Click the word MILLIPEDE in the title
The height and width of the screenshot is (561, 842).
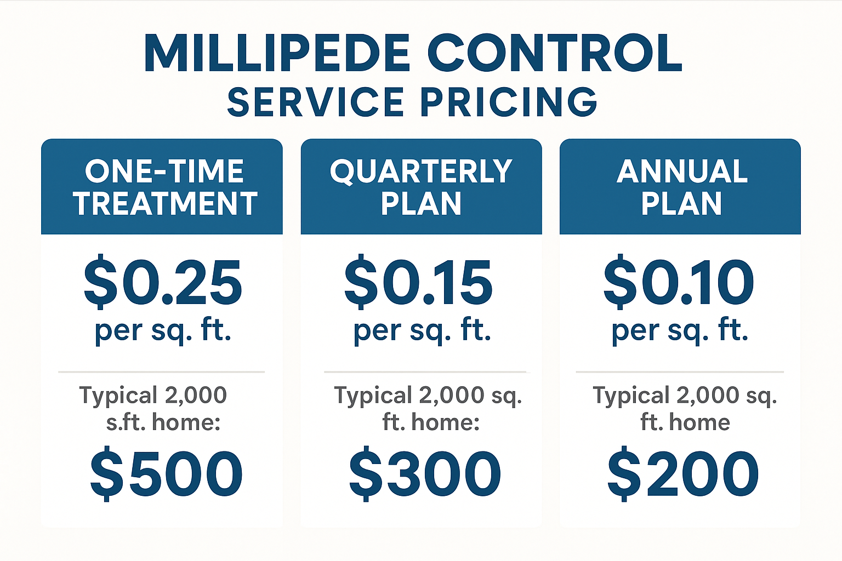pos(277,53)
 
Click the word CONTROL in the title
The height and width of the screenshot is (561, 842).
pos(555,53)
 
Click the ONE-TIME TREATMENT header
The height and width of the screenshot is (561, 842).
pos(164,187)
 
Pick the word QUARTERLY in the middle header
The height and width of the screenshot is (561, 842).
pos(421,171)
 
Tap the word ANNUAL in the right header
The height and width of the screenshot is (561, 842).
pos(682,171)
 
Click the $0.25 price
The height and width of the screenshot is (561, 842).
pos(163,283)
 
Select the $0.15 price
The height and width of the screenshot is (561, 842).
pos(419,283)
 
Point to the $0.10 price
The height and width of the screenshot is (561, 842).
pos(679,283)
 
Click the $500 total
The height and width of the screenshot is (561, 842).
pos(167,474)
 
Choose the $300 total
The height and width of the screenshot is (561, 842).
pos(425,474)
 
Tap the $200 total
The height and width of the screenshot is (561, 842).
pos(683,474)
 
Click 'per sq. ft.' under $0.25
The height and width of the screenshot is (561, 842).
pos(163,330)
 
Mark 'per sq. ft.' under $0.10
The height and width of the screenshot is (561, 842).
pos(680,330)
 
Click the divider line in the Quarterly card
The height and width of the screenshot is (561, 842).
pos(425,372)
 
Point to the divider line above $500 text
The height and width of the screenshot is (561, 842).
pos(162,372)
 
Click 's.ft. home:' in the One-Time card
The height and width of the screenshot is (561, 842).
pos(163,422)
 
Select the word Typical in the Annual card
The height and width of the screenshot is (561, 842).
pos(630,396)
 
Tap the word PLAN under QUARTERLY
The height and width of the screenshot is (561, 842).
pos(421,204)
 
